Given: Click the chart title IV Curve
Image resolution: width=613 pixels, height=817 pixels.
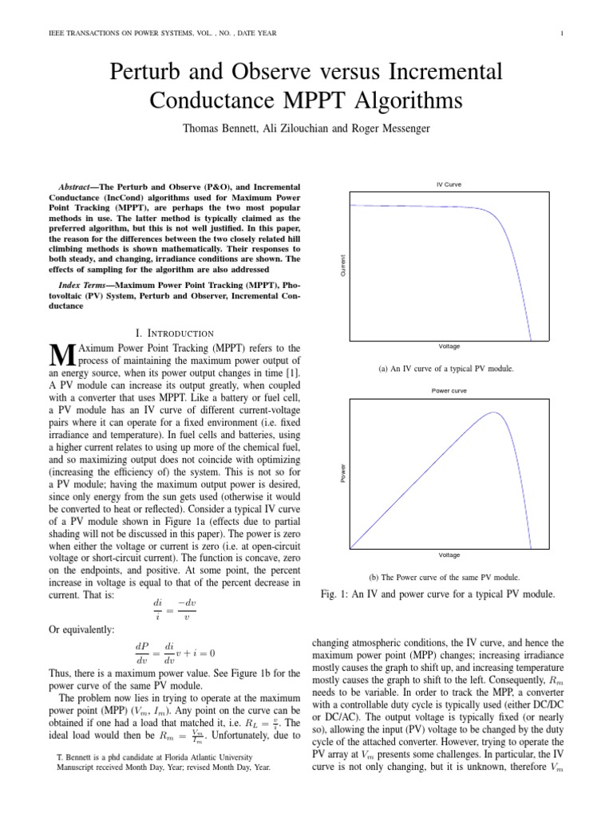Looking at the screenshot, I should pyautogui.click(x=449, y=184).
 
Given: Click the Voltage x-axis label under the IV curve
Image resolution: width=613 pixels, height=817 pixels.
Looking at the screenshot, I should pyautogui.click(x=449, y=346).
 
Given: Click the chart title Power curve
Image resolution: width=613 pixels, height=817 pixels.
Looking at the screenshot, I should pyautogui.click(x=449, y=391).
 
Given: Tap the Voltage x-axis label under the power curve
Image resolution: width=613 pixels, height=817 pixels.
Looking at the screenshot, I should pyautogui.click(x=449, y=554).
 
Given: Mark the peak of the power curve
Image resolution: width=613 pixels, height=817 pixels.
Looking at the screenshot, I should pyautogui.click(x=495, y=412).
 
